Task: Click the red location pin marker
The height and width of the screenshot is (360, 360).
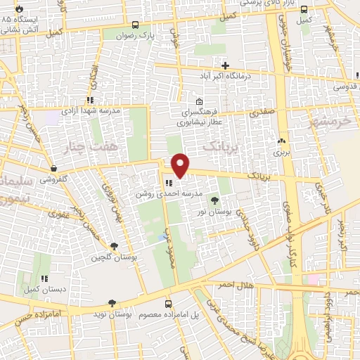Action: point(181,165)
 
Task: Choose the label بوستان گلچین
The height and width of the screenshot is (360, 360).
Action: point(112,258)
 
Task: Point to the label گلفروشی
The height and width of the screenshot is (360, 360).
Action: point(53,179)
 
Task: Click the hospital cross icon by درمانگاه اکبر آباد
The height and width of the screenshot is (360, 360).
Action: point(224,65)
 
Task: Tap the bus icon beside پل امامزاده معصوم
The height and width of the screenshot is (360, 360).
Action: point(168,304)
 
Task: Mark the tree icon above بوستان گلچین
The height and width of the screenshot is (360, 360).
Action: point(112,246)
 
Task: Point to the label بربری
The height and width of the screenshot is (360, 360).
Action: point(281,151)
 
